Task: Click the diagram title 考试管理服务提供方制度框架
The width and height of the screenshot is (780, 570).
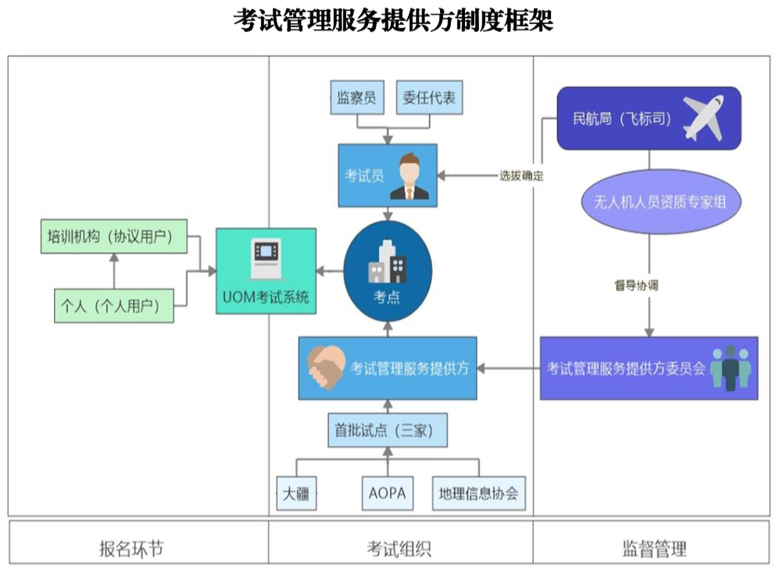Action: [x=392, y=21]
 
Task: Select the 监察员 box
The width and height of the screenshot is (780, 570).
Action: [x=356, y=98]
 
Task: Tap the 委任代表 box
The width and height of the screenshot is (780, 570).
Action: [x=430, y=98]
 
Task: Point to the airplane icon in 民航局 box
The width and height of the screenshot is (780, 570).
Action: [x=703, y=118]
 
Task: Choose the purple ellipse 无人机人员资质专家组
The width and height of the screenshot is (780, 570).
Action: [x=649, y=201]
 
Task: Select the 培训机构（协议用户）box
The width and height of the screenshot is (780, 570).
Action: [x=113, y=236]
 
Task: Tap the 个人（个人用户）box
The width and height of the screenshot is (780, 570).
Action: [x=113, y=305]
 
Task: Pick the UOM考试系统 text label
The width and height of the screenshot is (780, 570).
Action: [x=266, y=297]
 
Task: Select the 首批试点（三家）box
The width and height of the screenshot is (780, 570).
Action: [x=388, y=430]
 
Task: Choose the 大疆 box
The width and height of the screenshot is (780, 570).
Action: [x=296, y=493]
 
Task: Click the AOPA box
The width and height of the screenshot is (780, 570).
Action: [x=387, y=493]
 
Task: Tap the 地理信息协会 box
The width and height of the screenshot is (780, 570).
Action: [x=478, y=493]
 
